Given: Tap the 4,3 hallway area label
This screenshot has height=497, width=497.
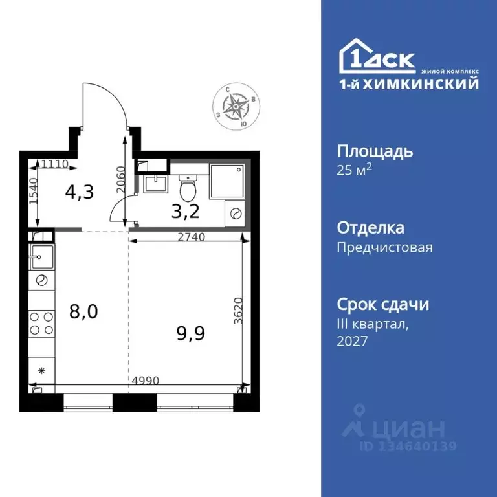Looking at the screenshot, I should (x=80, y=192).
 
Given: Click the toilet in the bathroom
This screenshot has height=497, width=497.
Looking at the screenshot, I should (x=187, y=188).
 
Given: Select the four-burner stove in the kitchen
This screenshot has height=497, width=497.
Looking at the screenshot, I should (x=42, y=324).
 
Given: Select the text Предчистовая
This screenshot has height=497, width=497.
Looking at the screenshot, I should (x=384, y=247).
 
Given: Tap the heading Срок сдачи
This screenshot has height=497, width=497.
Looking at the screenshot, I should (x=383, y=304).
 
